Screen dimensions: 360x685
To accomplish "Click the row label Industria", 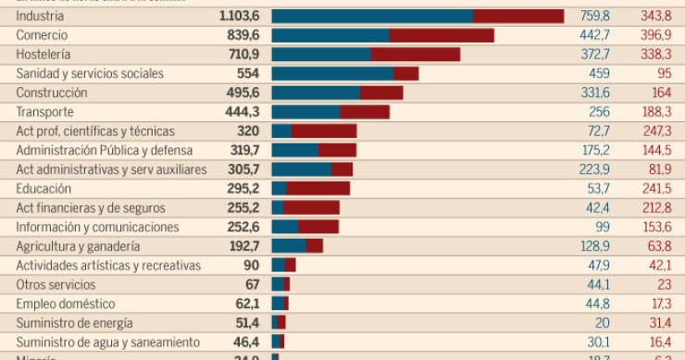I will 40,16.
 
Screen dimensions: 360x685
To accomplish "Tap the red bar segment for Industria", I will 518,16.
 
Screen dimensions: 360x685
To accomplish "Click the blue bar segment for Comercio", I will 330,35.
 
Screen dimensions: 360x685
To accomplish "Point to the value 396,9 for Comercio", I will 654,35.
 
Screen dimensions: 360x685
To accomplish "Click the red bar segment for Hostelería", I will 416,55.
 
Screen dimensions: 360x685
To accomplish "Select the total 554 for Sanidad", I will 248,74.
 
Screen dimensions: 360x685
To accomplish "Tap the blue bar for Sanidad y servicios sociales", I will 332,74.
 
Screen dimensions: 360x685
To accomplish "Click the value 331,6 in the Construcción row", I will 593,93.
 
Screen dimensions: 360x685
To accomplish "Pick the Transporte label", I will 44,112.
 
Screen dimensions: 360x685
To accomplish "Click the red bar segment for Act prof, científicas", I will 324,131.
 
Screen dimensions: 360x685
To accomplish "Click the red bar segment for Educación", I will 318,189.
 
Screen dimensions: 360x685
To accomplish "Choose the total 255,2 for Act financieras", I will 243,208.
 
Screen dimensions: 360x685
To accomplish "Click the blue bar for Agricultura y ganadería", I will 288,246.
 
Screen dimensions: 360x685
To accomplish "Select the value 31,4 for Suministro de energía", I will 656,323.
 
